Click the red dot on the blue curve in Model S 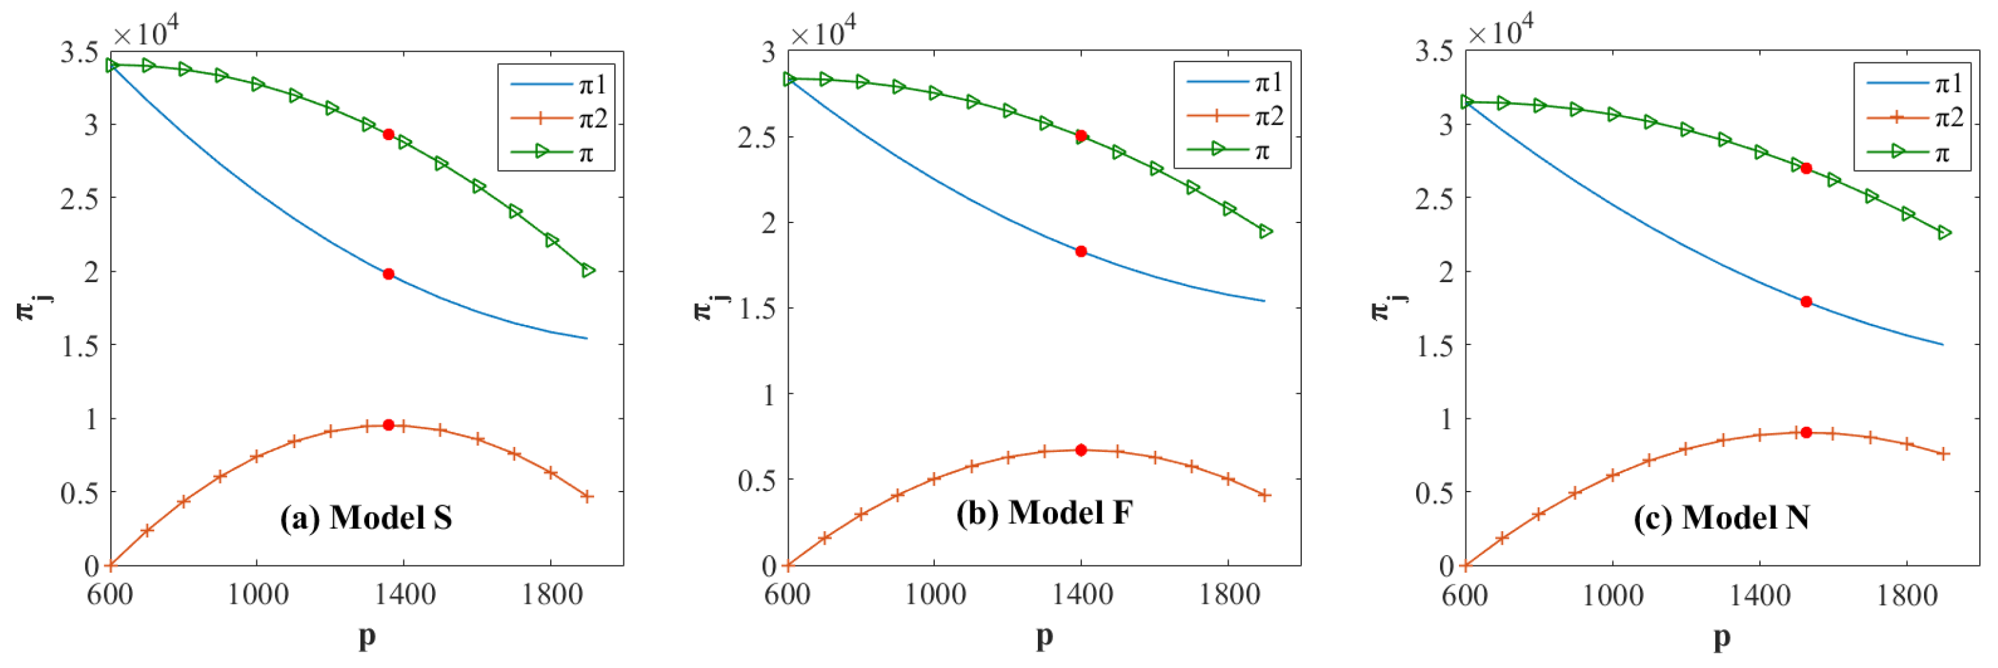click(389, 274)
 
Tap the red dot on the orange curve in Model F click(1081, 450)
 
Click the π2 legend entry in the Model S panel click(559, 119)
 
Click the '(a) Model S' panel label click(366, 518)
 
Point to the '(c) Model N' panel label click(1722, 518)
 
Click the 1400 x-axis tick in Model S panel click(403, 595)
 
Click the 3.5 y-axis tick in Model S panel click(80, 52)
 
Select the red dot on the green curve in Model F click(1081, 136)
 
